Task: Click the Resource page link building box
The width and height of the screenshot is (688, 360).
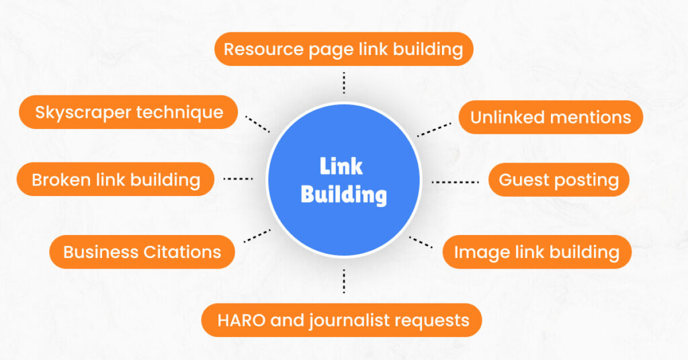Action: coord(343,49)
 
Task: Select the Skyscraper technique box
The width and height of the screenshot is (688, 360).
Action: coord(128,111)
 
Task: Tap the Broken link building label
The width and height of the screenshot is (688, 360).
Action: coord(116,179)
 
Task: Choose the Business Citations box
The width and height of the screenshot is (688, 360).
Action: coord(142,252)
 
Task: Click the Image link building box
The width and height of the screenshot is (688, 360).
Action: coord(536,252)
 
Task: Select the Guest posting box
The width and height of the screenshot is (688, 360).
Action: coord(558,180)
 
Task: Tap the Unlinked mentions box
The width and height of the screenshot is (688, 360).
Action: coord(550,118)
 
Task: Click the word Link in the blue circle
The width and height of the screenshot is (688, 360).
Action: coord(341,166)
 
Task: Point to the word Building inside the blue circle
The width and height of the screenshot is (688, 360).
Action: coord(343,195)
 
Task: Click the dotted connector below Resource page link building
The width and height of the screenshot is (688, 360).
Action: coord(344,83)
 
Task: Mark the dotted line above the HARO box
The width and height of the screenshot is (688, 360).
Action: coord(344,281)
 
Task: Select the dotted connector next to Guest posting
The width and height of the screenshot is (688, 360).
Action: coord(455,181)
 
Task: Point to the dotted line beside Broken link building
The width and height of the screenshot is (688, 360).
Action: coord(238,179)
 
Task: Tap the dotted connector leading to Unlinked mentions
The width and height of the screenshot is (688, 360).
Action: coord(434,129)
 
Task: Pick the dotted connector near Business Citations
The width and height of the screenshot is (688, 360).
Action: coord(257,235)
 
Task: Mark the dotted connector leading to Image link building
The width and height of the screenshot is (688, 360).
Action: coord(421,242)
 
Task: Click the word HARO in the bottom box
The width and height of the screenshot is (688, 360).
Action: coord(241,320)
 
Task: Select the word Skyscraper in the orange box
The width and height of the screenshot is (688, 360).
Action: coord(83,111)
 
